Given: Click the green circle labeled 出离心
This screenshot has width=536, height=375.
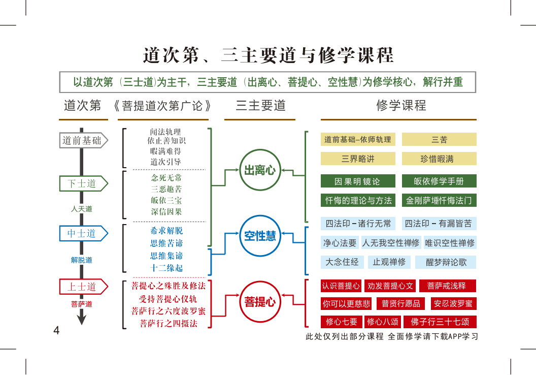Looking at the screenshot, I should [260, 170].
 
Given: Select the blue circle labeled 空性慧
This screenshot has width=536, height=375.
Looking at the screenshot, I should [260, 236].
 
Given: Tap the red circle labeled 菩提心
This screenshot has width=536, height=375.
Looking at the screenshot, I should [260, 302].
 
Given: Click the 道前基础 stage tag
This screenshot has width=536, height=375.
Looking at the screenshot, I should [82, 140].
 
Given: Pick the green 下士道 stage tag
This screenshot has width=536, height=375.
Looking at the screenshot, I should [82, 183].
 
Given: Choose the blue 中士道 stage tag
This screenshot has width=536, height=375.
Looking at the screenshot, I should [82, 233].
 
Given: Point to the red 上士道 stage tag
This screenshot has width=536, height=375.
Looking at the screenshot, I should [82, 287].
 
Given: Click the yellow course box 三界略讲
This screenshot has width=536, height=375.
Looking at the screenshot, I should [358, 159].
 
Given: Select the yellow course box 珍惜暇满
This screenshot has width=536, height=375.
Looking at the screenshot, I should [439, 159].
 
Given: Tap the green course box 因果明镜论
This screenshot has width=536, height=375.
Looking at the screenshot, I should [358, 181].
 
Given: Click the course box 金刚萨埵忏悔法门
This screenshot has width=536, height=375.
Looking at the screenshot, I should [439, 200].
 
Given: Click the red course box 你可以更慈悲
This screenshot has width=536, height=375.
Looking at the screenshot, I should [346, 304].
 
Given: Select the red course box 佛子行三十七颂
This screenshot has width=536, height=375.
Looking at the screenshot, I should [440, 322].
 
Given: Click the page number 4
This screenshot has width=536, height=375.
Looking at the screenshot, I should [56, 331].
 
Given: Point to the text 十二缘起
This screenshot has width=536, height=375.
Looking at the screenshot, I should [166, 268].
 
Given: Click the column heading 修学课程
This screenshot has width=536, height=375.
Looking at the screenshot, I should [401, 106].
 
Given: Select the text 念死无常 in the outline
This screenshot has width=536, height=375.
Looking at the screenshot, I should [166, 178].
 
